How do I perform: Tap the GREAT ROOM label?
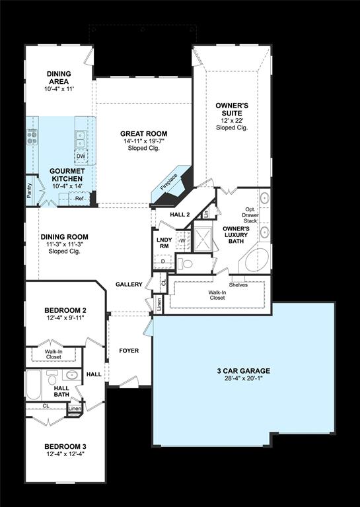coord(143,133)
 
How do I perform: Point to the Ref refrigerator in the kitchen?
coord(79,198)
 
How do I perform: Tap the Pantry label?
coord(29,191)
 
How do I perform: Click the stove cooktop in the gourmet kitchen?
coord(31,137)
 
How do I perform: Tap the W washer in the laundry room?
coord(183,240)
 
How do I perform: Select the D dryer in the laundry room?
coord(163,262)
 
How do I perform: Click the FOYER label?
coord(129,351)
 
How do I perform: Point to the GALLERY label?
coord(129,285)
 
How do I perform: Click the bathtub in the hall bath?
coord(34,385)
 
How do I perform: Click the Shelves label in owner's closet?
coord(238,285)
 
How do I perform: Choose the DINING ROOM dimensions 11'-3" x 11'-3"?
coord(64,244)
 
